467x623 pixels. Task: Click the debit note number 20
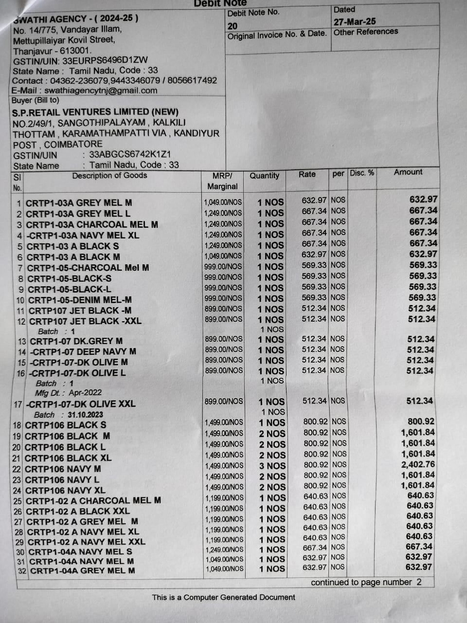tap(233, 26)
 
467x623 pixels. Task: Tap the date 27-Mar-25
tap(355, 21)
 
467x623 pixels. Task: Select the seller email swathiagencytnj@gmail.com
tap(101, 91)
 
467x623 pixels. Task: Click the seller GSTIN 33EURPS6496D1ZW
tap(105, 61)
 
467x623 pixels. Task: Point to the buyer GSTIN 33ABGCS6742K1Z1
tap(130, 155)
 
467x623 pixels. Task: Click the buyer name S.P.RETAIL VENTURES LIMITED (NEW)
tap(95, 112)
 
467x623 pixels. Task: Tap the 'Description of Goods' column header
tap(109, 176)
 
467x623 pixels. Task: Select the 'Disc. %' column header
tap(362, 173)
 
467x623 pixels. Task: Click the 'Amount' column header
tap(408, 172)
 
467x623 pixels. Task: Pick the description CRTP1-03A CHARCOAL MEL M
tap(92, 224)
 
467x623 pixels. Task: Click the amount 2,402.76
tap(418, 464)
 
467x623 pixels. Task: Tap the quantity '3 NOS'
tap(272, 466)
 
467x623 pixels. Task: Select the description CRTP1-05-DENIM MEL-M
tap(80, 300)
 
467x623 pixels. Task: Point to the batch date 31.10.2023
tap(86, 415)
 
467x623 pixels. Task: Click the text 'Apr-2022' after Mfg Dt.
tap(85, 393)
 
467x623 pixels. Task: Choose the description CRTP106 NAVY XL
tap(65, 491)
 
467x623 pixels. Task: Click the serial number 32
tap(22, 571)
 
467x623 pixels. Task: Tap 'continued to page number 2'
tap(366, 582)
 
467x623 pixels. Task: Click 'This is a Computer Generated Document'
tap(223, 597)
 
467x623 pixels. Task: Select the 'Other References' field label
tap(365, 32)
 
